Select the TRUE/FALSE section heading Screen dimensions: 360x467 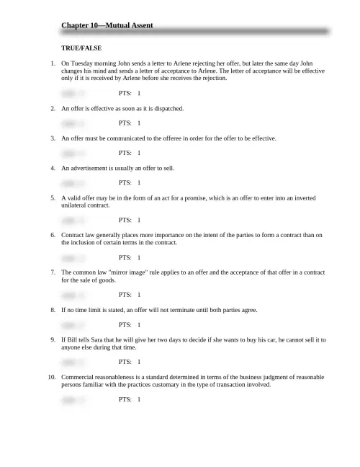coord(81,48)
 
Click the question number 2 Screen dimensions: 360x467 coord(53,108)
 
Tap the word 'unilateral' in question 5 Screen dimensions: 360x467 coord(76,205)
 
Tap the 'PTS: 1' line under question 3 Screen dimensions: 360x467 coord(130,153)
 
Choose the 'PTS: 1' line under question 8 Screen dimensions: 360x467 coord(130,325)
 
